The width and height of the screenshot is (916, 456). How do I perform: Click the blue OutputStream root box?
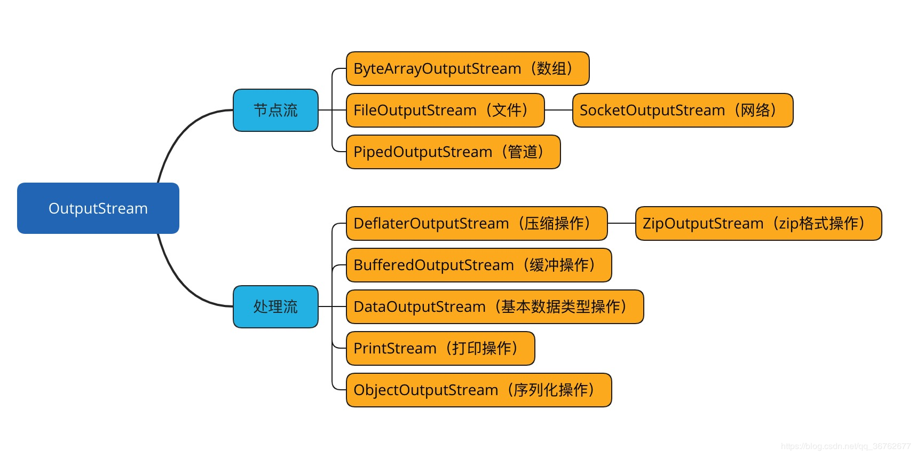pyautogui.click(x=98, y=208)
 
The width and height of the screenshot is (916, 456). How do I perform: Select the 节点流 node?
pyautogui.click(x=275, y=110)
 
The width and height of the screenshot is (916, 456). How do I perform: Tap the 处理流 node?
pyautogui.click(x=275, y=306)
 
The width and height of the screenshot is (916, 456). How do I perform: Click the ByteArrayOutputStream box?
pyautogui.click(x=467, y=68)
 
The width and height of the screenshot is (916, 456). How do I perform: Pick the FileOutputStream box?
pyautogui.click(x=445, y=110)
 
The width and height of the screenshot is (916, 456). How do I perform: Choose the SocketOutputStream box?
pyautogui.click(x=682, y=110)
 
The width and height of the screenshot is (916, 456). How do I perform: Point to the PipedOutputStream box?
pyautogui.click(x=453, y=152)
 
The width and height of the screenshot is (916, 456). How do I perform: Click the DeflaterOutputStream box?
pyautogui.click(x=476, y=223)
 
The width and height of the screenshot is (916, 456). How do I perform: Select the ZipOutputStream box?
pyautogui.click(x=758, y=223)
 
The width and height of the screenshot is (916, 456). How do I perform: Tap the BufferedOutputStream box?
pyautogui.click(x=478, y=265)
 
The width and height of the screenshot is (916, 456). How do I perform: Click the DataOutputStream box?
pyautogui.click(x=494, y=306)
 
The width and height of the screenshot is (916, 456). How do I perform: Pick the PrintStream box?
pyautogui.click(x=440, y=348)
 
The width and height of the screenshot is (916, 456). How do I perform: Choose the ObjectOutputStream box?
pyautogui.click(x=478, y=390)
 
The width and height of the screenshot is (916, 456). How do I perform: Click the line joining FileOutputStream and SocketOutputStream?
pyautogui.click(x=558, y=110)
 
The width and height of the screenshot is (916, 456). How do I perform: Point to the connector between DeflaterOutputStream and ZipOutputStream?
pyautogui.click(x=621, y=223)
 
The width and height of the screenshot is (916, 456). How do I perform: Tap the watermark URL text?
pyautogui.click(x=846, y=446)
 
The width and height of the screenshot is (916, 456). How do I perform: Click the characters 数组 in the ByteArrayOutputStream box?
pyautogui.click(x=551, y=68)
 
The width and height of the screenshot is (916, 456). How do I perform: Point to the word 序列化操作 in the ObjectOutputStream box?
pyautogui.click(x=550, y=390)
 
